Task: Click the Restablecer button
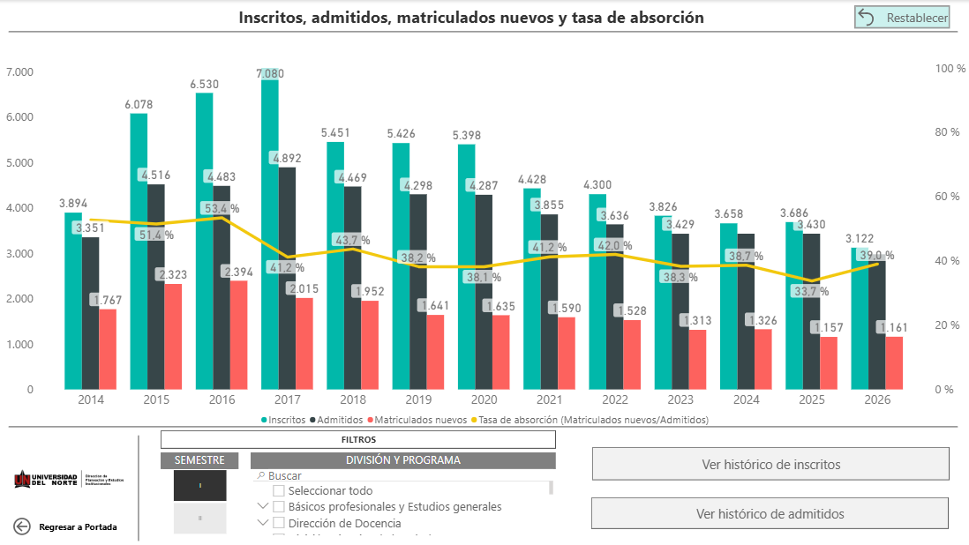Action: pos(902,18)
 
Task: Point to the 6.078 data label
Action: pos(139,104)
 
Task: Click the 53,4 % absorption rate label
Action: pos(221,209)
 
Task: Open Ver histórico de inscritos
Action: pos(770,464)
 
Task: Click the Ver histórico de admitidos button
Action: pos(770,513)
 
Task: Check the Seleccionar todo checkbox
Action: pos(279,490)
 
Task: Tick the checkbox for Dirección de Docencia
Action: pos(279,523)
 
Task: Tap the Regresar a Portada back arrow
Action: pos(22,526)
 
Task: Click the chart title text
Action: pos(471,18)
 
